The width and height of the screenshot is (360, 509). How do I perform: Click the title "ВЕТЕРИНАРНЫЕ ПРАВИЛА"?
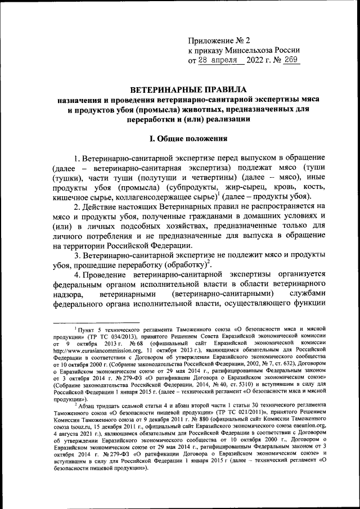coord(180,89)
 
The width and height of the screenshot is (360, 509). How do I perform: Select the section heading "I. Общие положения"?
coord(180,138)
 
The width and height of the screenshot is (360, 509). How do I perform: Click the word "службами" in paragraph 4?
coord(304,293)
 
